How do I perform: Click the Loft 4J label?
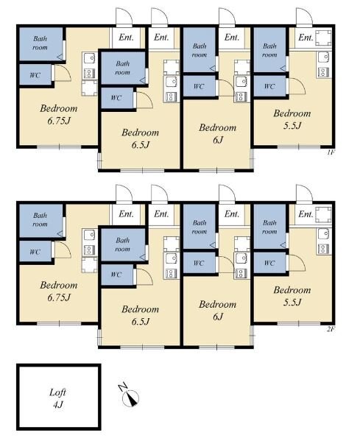[57, 398]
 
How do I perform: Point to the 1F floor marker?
[331, 152]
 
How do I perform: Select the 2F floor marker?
[331, 329]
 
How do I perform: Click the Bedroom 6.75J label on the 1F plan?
[58, 114]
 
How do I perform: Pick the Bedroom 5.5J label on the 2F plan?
[292, 296]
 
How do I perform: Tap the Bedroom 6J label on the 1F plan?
[217, 133]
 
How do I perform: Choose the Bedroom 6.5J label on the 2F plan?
[141, 315]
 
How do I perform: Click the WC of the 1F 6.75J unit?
[35, 75]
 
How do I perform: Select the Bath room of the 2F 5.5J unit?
[269, 227]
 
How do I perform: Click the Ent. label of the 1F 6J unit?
[232, 37]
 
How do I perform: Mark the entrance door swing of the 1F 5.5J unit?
[304, 17]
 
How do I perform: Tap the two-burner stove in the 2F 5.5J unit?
[323, 248]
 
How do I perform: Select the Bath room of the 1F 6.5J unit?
[123, 68]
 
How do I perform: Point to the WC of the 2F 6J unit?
[199, 263]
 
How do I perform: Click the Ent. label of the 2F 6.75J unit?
[126, 214]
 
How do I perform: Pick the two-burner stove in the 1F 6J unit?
[241, 96]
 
